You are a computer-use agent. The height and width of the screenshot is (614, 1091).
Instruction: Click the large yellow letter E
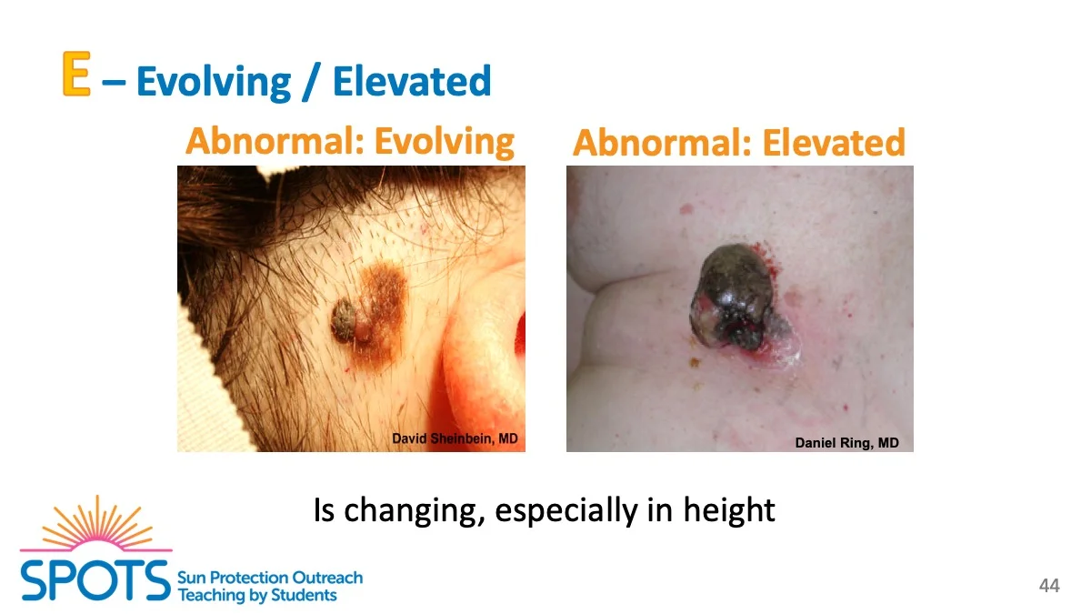(x=76, y=74)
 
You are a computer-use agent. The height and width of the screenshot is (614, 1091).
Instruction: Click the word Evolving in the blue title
(x=214, y=82)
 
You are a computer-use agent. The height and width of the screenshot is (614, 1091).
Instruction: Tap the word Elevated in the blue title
(x=412, y=81)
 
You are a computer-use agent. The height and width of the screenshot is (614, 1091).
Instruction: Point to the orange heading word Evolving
(x=445, y=142)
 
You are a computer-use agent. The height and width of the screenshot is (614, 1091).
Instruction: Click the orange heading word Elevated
(x=834, y=143)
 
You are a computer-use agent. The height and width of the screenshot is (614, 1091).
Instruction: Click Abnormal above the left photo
(x=275, y=140)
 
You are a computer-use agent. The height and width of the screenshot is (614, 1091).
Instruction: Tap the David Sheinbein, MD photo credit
(x=455, y=438)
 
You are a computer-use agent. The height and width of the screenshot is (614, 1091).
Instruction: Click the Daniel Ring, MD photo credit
(x=847, y=442)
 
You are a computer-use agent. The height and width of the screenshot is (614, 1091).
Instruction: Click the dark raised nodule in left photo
(x=345, y=320)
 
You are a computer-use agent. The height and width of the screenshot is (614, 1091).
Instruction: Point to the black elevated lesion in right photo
(x=734, y=297)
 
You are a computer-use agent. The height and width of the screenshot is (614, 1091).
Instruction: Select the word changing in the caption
(x=414, y=511)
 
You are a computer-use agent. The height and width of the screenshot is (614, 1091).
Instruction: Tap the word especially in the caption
(x=566, y=511)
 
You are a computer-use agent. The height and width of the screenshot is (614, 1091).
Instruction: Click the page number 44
(x=1049, y=585)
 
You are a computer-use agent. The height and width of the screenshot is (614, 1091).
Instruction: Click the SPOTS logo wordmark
(x=95, y=580)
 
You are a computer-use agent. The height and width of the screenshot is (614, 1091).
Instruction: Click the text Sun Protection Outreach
(x=270, y=578)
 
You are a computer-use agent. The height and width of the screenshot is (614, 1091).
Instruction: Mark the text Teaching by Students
(x=257, y=596)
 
